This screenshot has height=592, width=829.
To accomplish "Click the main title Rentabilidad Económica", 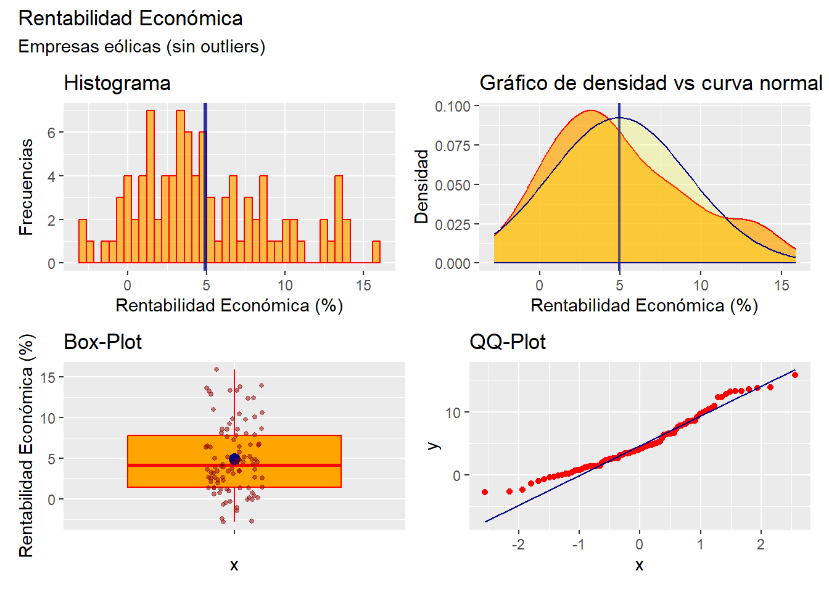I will coord(130,18).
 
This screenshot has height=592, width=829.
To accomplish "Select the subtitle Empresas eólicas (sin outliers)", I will coord(141,47).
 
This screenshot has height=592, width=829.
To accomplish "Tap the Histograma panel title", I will coord(117,83).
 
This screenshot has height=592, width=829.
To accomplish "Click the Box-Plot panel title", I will coord(102,342).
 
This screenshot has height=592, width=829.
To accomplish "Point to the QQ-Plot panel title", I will coord(507,342).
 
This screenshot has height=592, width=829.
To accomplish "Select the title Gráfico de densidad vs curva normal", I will coord(651,83).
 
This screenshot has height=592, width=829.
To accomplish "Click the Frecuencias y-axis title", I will coord(26,186).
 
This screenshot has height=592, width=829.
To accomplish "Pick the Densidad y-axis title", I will coord(421,186).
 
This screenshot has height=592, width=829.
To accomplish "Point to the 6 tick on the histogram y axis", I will coord(52,133).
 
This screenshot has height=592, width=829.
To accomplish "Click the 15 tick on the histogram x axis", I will coord(363,286).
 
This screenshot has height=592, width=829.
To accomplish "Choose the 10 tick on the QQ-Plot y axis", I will coord(453,413).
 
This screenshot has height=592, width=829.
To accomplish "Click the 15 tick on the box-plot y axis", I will coord(48,377).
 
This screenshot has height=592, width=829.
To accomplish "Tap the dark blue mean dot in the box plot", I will coord(234,459).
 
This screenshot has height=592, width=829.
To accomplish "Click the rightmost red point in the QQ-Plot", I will coord(794,375).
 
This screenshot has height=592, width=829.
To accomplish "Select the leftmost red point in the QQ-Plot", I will coord(485,492).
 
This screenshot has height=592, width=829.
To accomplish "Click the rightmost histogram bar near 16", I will coord(376,252).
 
